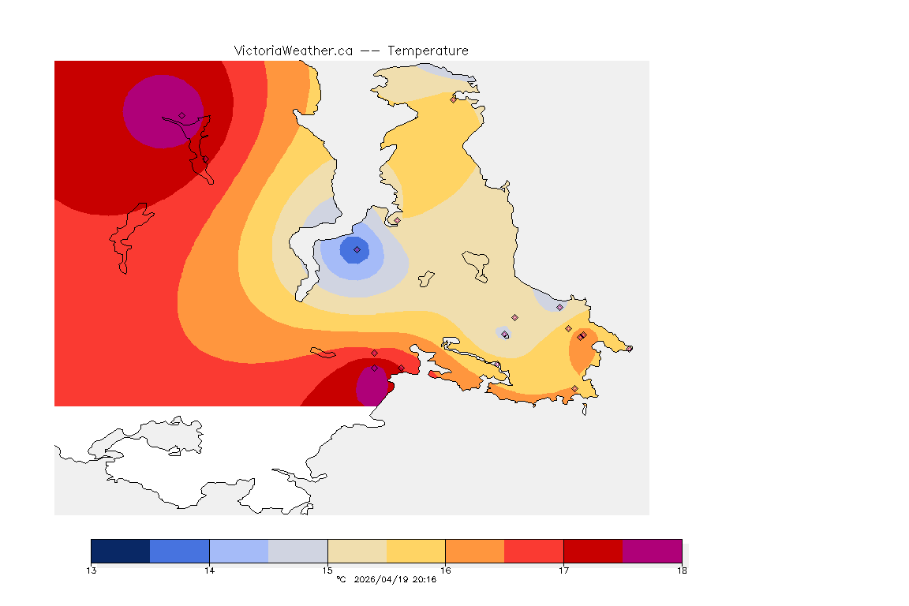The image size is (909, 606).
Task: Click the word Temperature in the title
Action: tap(428, 50)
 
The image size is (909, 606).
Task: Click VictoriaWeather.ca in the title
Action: tap(293, 50)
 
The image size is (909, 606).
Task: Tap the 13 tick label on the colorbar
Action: tap(92, 570)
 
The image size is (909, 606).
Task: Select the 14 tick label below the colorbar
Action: tap(209, 570)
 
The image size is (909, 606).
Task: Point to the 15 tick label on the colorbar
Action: tap(327, 570)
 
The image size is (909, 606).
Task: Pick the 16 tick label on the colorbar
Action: tap(445, 570)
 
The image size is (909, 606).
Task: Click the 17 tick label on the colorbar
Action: tap(563, 570)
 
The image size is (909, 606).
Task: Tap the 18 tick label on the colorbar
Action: tap(682, 570)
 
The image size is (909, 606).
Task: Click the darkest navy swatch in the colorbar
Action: tap(121, 551)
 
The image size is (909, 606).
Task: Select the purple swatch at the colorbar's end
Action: tap(652, 551)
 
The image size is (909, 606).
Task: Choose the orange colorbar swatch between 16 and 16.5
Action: tap(475, 551)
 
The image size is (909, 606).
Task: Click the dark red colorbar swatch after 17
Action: tap(593, 551)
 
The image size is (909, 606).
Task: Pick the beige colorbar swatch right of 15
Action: tap(357, 551)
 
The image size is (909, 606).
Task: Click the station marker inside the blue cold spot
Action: tap(357, 249)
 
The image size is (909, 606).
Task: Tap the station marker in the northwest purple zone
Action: tap(181, 115)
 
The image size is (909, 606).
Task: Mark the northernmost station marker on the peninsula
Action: tap(453, 99)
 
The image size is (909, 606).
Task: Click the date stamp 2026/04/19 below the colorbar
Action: tap(383, 580)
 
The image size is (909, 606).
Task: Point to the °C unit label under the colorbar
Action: tap(341, 580)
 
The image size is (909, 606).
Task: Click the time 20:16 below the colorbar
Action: tap(425, 580)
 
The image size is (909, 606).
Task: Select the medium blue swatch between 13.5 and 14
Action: tap(180, 551)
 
